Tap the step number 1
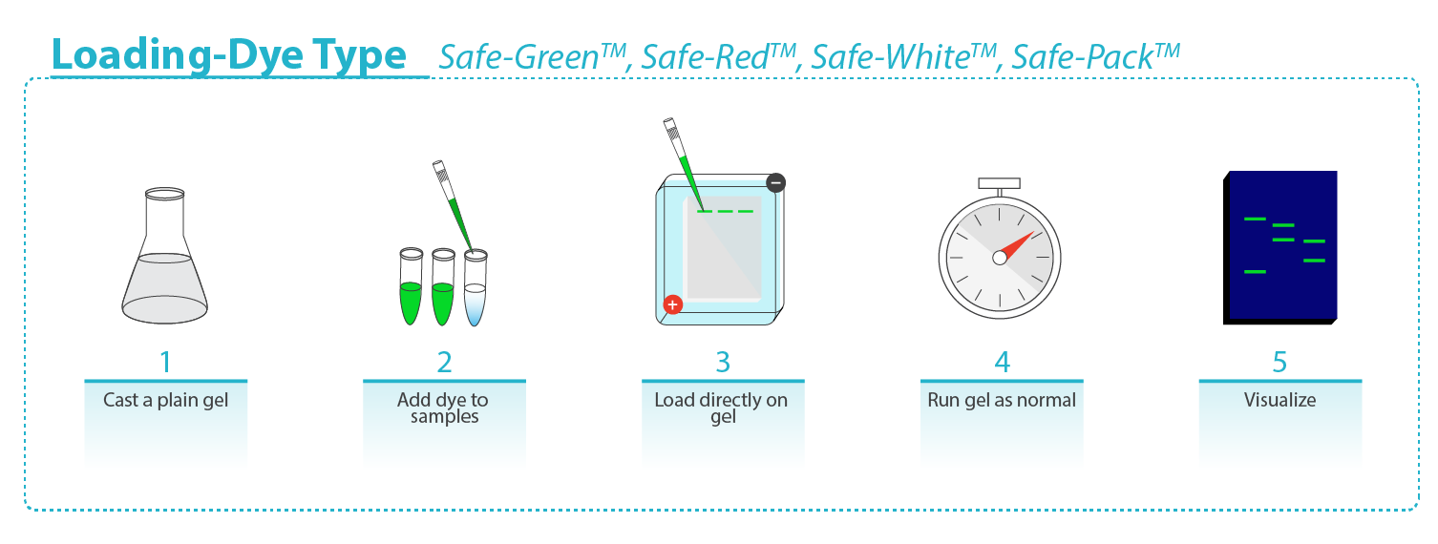click(165, 363)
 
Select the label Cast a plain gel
click(165, 400)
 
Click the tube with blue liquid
click(475, 290)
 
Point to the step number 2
click(444, 363)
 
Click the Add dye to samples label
click(444, 408)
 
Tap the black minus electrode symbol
click(775, 182)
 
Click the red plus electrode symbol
click(673, 304)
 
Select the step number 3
click(723, 363)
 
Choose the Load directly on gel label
click(723, 408)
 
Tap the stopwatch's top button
click(1000, 182)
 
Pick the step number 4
click(1002, 363)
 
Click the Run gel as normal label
click(1002, 400)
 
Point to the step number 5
click(1279, 363)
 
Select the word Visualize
click(1279, 400)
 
